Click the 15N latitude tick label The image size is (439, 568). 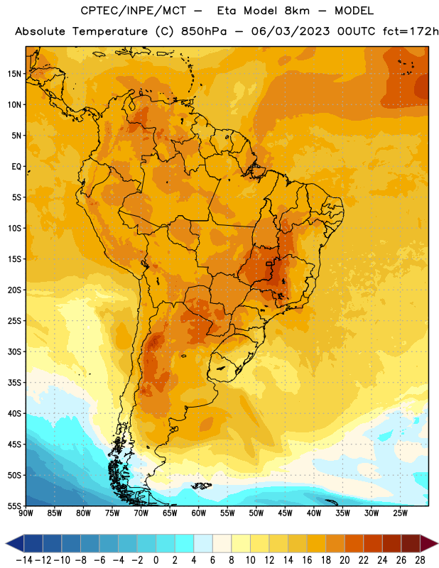14,74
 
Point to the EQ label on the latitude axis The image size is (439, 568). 16,167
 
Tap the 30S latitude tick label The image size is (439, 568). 14,351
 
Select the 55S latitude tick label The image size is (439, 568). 14,506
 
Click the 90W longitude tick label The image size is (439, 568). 26,513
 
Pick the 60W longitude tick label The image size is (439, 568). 199,513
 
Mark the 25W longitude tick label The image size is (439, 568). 400,513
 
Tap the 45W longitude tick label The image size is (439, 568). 285,513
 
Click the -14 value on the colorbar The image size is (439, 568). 24,560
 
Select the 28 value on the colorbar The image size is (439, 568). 420,560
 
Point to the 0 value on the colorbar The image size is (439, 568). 156,560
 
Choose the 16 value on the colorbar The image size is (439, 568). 307,560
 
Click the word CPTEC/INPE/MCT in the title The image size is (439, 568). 133,11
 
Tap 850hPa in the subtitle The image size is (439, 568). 204,31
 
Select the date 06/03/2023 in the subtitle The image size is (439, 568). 291,31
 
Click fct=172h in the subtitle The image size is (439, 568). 411,31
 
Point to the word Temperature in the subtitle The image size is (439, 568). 110,31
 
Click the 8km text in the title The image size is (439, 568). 297,11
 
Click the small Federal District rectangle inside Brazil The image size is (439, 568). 269,263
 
